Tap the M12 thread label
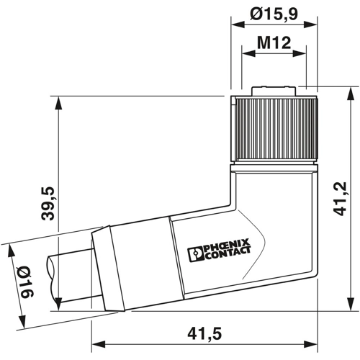point(274,42)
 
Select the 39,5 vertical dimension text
point(48,204)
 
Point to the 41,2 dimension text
point(340,199)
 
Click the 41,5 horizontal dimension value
point(204,333)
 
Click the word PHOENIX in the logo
point(226,246)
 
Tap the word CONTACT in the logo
point(229,254)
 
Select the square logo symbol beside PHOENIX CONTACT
point(197,255)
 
